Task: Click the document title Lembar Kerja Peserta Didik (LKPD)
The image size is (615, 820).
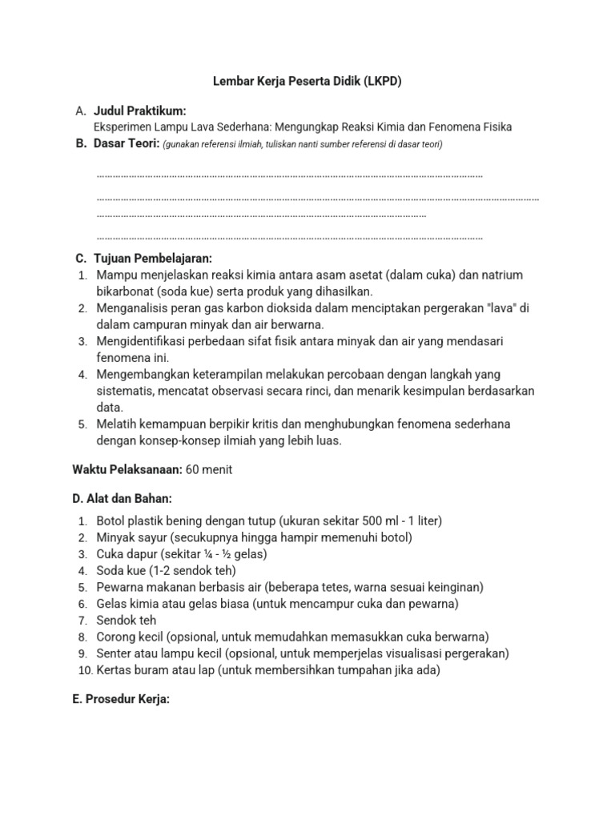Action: coord(307,81)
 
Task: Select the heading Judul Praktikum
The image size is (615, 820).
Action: coord(140,111)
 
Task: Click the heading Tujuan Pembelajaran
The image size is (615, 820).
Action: coord(152,258)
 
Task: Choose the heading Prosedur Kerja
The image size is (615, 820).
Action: coord(121,698)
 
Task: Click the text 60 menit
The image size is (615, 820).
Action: coord(209,469)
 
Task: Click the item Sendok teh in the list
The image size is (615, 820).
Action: coord(127,620)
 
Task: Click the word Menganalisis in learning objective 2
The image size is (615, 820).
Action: coord(132,308)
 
